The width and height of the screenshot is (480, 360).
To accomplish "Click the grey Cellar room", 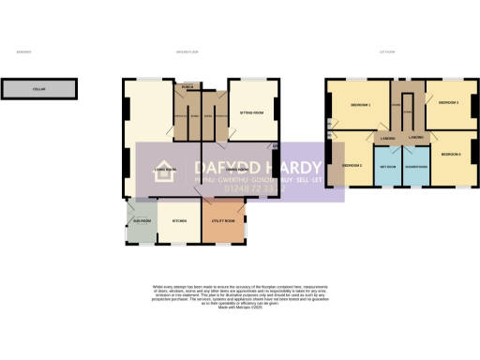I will coord(37,90).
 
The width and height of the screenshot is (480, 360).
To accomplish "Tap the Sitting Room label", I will coord(250,111).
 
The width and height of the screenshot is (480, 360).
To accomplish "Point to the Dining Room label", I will coord(223,170).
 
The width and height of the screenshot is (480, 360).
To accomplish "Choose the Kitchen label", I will coord(178,221).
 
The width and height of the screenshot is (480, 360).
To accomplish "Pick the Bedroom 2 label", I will coord(352,165).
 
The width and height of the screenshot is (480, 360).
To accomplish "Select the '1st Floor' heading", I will coord(385,52).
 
